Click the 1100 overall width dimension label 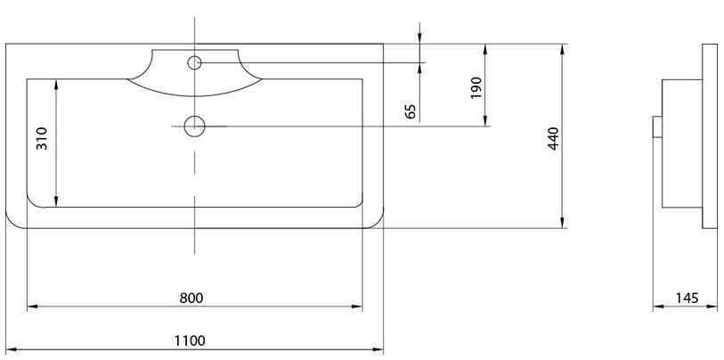pos(190,341)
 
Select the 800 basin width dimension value pos(191,299)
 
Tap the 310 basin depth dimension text pos(42,138)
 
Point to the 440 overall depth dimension pos(553,138)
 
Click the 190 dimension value pos(476,88)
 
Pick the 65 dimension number pos(411,111)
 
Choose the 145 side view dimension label pos(687,299)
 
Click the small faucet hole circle pos(194,62)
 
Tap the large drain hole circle pos(194,127)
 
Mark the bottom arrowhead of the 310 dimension pos(56,200)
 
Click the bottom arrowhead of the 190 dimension pos(485,120)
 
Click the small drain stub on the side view pos(657,127)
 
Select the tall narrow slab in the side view pos(710,135)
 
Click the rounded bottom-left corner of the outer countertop pos(11,223)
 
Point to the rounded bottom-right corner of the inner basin pos(358,203)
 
